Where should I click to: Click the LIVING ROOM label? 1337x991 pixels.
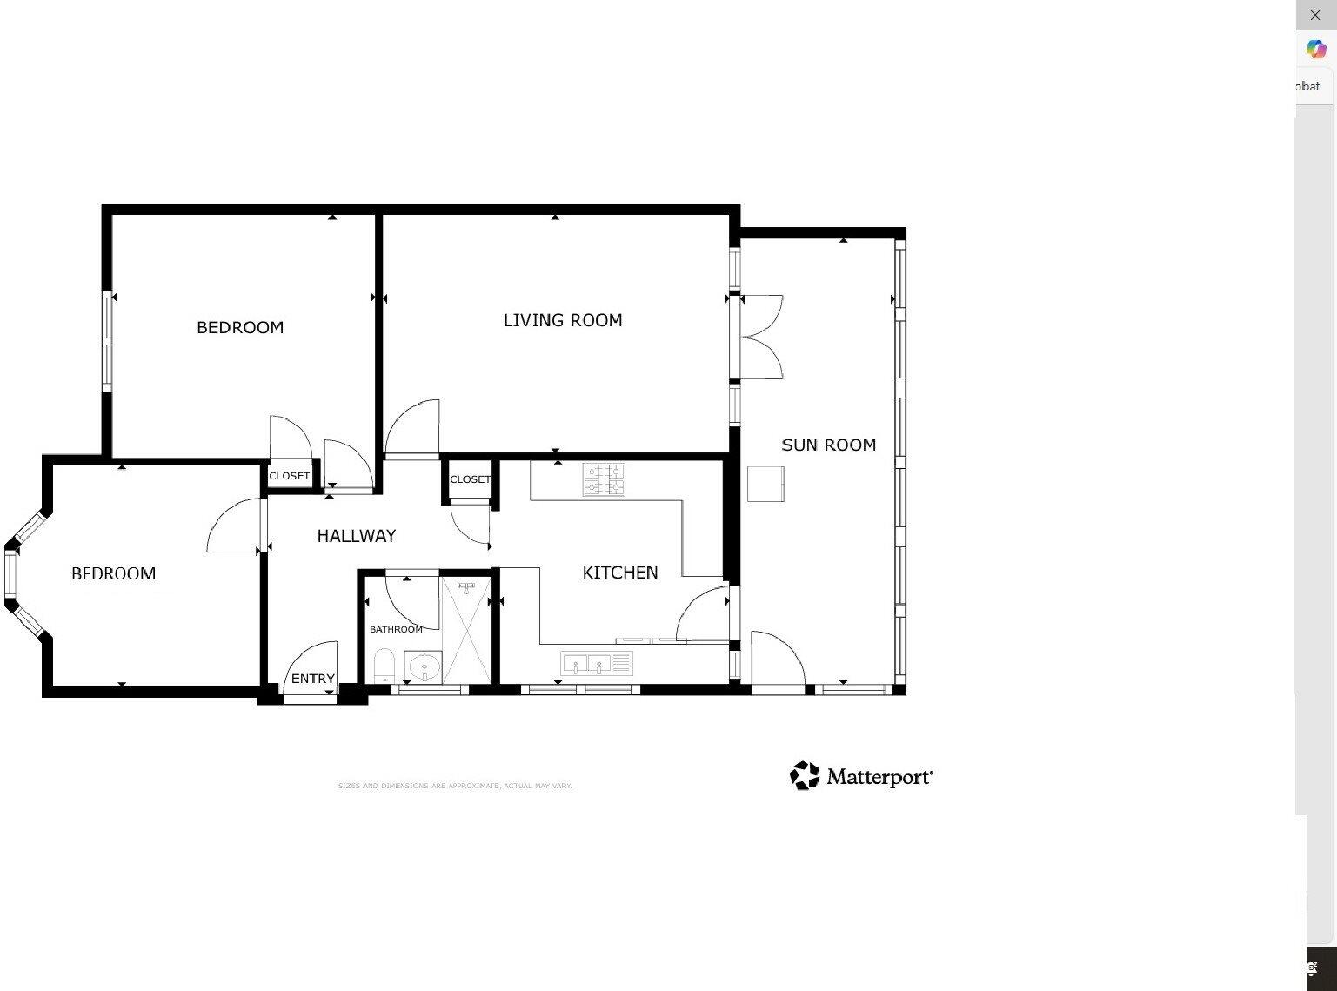563,320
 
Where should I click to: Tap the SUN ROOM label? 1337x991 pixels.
828,445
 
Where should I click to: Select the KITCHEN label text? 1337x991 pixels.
619,573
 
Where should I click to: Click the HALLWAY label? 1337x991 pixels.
356,536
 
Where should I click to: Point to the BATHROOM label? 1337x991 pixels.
396,629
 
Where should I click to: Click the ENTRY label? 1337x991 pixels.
312,679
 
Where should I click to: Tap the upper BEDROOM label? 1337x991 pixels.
240,327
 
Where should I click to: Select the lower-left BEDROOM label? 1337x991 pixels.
113,573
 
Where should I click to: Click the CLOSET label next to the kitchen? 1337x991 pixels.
470,479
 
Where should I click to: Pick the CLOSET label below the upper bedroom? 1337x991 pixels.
289,476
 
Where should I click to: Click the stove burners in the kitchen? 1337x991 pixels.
604,479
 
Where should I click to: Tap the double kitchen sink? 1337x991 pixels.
597,665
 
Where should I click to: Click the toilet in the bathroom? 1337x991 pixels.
384,667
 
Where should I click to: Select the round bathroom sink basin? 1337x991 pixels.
424,668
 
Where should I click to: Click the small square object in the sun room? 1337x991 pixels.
765,484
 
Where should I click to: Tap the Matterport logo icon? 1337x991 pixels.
805,775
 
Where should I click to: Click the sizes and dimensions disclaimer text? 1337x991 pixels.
454,786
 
